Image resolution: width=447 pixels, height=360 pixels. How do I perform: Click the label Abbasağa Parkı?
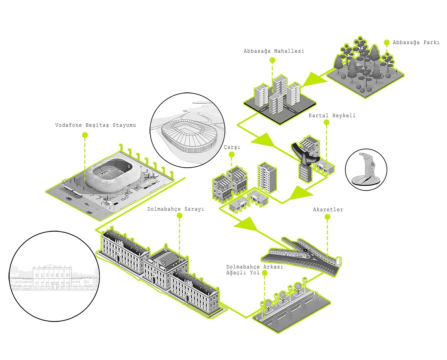click(416, 43)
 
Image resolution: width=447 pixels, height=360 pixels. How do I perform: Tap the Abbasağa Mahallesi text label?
click(274, 51)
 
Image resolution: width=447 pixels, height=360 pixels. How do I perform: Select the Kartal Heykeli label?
click(332, 116)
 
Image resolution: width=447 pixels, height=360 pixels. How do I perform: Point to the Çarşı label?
click(232, 147)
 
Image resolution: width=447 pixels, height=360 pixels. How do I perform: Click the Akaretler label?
click(328, 210)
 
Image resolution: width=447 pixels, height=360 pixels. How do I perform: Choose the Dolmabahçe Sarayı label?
click(176, 209)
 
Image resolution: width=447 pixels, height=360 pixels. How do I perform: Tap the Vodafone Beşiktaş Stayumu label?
click(95, 125)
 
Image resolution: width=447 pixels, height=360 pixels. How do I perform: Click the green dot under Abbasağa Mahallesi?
click(273, 60)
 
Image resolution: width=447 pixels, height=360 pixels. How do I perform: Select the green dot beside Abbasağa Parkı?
click(387, 43)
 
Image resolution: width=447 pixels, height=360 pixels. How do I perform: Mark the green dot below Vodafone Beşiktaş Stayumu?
click(85, 135)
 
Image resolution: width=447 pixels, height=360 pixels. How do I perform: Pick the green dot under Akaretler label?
click(327, 217)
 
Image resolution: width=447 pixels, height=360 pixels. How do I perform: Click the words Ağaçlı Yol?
click(243, 273)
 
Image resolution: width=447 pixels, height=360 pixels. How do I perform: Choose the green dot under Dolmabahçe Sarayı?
click(179, 216)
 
